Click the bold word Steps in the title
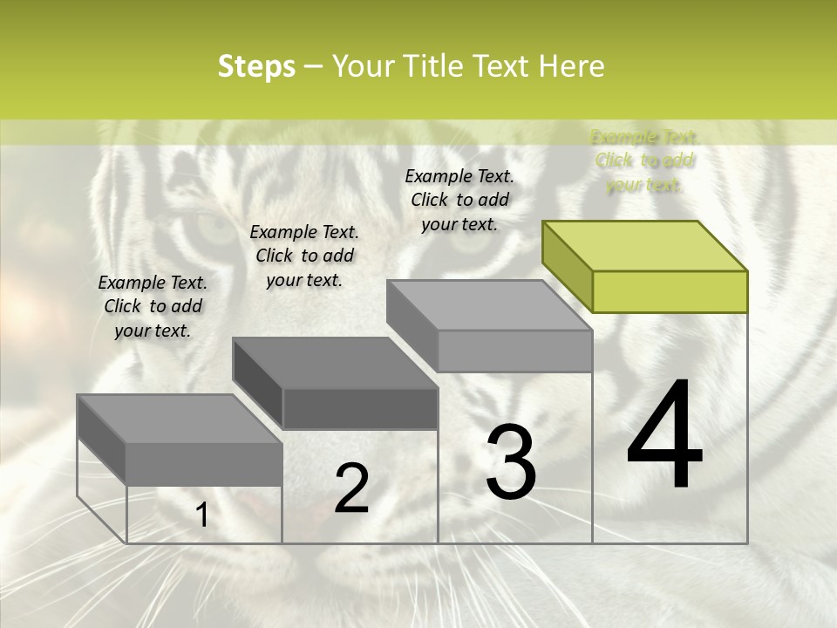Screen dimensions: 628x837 (256, 66)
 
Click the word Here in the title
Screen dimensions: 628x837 (572, 66)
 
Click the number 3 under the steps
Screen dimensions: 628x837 (511, 462)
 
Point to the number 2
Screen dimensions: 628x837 (351, 488)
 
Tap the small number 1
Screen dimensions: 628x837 (202, 515)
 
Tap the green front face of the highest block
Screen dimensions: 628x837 (670, 291)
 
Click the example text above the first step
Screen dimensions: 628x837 (153, 306)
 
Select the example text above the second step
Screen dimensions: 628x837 (304, 256)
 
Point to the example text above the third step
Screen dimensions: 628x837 (459, 200)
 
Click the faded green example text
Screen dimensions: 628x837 (645, 160)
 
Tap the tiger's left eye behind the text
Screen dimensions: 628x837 (212, 229)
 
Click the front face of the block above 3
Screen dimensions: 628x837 (514, 352)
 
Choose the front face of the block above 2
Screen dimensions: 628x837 (360, 408)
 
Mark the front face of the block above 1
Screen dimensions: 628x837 (204, 464)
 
